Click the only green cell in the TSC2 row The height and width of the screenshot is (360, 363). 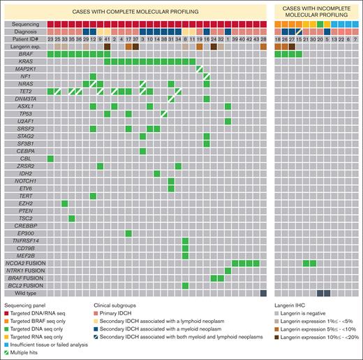tap(72, 218)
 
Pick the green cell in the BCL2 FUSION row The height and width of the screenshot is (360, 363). tap(186, 285)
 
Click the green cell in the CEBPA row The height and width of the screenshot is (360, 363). tap(143, 151)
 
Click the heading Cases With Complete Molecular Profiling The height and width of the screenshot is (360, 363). tap(135, 11)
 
